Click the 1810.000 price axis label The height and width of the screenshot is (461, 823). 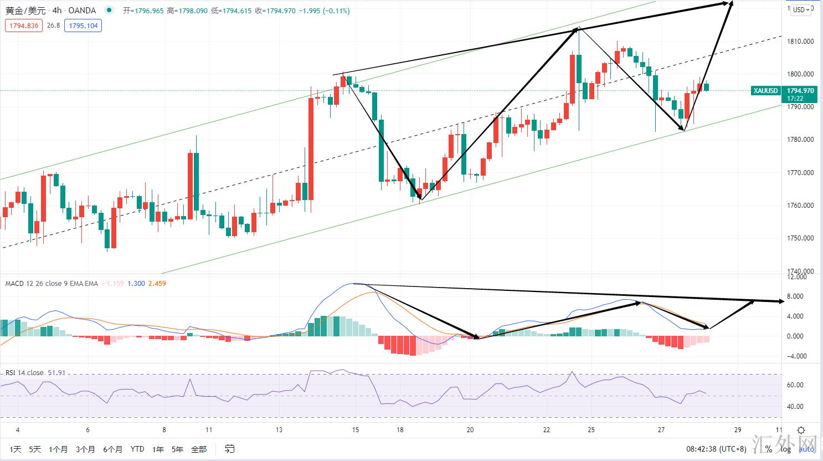800,41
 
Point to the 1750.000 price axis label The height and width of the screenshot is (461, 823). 800,238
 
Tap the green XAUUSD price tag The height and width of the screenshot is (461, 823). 766,91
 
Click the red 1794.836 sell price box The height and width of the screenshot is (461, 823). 24,25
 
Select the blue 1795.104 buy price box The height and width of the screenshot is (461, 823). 83,25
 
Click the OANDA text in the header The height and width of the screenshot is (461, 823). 82,11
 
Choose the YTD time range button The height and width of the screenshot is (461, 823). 137,449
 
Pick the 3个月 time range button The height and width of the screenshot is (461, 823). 85,449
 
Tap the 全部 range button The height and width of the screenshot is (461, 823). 198,449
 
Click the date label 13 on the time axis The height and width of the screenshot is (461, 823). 279,430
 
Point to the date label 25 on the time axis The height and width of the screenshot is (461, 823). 591,430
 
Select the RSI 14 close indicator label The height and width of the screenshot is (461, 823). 25,373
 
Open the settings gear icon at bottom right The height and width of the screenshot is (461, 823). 801,430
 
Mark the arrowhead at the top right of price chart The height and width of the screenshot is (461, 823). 731,4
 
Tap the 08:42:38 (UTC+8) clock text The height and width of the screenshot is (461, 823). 716,449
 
